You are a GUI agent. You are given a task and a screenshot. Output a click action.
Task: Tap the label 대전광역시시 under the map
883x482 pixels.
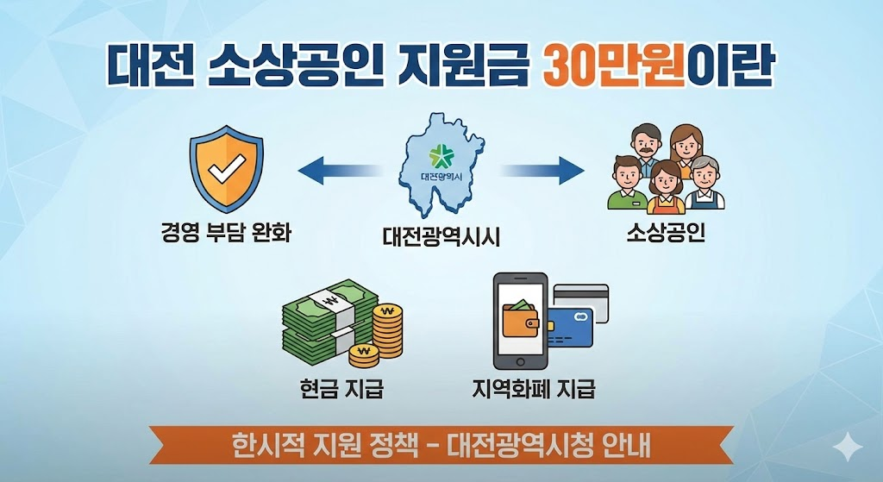pyautogui.click(x=441, y=235)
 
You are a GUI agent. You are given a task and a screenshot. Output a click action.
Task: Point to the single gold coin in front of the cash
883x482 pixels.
pyautogui.click(x=365, y=353)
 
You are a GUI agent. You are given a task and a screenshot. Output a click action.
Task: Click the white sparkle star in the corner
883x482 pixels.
pyautogui.click(x=849, y=449)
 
